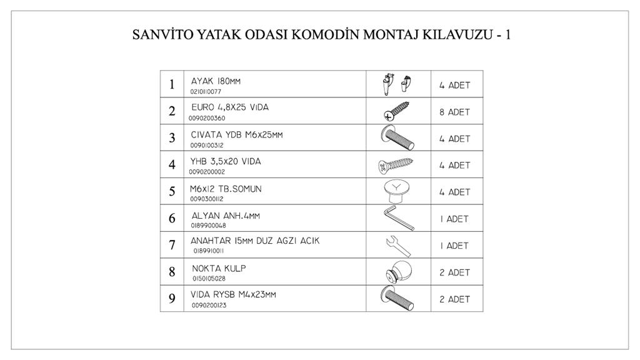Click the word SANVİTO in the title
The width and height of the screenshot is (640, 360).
tap(156, 34)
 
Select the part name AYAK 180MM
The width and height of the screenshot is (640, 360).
tap(216, 81)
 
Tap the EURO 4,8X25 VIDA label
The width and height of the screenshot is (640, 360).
tap(230, 107)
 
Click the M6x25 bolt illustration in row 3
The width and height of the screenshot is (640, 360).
tap(397, 138)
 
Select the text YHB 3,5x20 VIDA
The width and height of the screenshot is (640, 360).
tap(226, 161)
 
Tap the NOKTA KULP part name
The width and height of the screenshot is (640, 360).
tap(219, 268)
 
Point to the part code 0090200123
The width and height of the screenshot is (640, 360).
tap(209, 306)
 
